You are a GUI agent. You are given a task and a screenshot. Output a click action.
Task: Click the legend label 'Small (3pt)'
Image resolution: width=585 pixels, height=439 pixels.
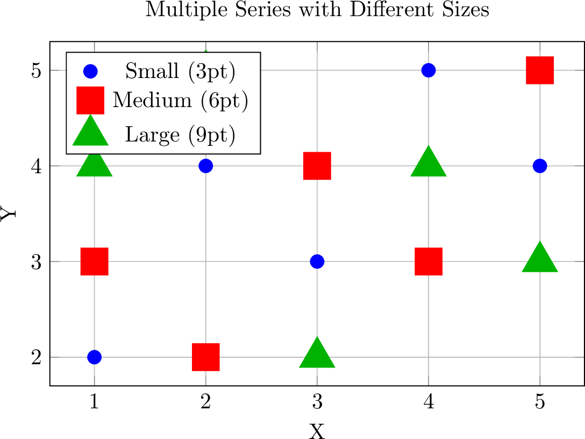[x=180, y=71]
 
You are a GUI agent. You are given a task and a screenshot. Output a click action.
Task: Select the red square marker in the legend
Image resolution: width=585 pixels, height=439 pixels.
[x=90, y=100]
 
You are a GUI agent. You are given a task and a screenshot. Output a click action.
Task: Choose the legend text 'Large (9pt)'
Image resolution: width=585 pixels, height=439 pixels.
[x=180, y=134]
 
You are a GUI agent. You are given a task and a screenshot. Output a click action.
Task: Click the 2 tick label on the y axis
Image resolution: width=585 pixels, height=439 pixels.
[x=37, y=357]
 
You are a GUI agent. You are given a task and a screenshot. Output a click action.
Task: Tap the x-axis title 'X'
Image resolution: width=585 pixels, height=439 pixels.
[x=317, y=431]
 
